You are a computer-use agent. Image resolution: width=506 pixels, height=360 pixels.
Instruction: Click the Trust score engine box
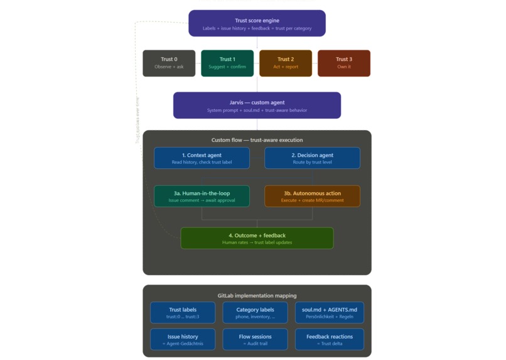tap(257, 23)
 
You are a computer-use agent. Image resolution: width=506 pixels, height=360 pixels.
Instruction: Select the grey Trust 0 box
tap(169, 63)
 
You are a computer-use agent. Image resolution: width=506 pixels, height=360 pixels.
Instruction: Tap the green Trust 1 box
tap(227, 63)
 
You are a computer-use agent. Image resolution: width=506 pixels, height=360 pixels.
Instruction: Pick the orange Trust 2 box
tap(286, 63)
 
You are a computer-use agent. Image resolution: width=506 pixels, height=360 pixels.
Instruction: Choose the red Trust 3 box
tap(344, 63)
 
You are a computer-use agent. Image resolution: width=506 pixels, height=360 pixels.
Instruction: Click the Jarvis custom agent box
tap(257, 106)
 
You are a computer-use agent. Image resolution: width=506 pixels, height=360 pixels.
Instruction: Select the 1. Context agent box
tap(202, 158)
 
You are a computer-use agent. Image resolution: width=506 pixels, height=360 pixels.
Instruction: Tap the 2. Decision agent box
tap(312, 158)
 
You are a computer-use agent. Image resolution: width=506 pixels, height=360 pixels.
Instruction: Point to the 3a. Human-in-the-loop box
tap(202, 196)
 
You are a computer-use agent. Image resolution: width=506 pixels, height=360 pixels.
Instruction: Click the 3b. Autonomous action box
tap(312, 196)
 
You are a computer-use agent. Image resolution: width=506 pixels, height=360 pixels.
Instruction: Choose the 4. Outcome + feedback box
tap(257, 238)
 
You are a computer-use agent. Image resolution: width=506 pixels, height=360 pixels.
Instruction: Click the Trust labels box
tap(183, 312)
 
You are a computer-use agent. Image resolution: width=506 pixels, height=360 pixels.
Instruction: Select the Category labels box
tap(256, 312)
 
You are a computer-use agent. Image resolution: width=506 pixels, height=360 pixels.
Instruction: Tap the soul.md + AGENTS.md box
tap(329, 312)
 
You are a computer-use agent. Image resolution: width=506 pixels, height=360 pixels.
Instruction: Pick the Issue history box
tap(183, 339)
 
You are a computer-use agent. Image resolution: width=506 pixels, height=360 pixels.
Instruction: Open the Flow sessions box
tap(256, 339)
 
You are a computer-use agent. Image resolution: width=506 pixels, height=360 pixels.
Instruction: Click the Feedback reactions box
tap(329, 339)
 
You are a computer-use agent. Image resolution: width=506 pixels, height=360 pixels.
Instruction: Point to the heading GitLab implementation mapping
tap(257, 295)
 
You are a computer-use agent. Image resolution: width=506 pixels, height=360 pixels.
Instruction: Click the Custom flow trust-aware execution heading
tap(257, 140)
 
